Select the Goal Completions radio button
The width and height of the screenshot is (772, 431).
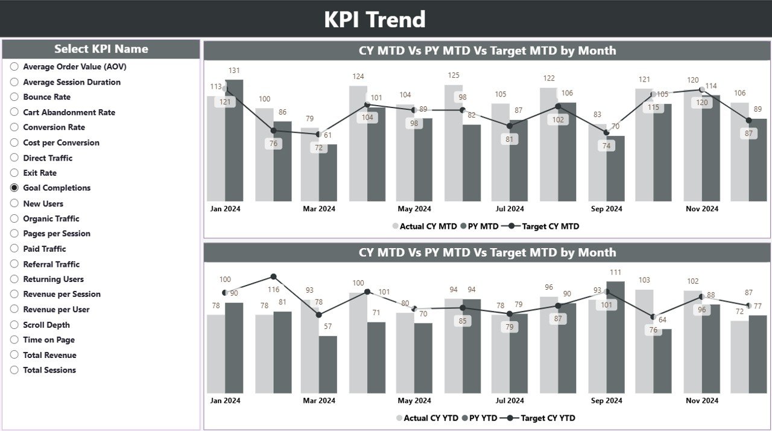(x=14, y=188)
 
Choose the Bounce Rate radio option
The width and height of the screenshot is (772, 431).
(x=14, y=97)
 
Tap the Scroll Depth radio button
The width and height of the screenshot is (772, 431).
(x=14, y=325)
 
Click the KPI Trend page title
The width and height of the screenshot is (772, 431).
(x=375, y=19)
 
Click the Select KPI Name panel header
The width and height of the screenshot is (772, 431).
(x=101, y=49)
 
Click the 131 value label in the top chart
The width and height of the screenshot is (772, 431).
(x=234, y=71)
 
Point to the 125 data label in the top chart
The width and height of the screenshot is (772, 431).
(x=454, y=75)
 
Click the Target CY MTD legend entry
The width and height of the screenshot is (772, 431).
(x=549, y=226)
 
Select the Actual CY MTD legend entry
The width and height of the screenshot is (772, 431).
(x=428, y=226)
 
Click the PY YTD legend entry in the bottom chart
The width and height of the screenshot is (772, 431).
(x=482, y=418)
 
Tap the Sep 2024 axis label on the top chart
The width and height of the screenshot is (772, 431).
(x=606, y=209)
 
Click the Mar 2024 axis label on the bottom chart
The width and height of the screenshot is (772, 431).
(x=319, y=400)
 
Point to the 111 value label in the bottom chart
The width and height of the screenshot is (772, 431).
(x=615, y=272)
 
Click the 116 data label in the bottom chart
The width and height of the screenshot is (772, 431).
(x=273, y=290)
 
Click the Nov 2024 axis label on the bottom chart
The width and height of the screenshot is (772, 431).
(x=702, y=400)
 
